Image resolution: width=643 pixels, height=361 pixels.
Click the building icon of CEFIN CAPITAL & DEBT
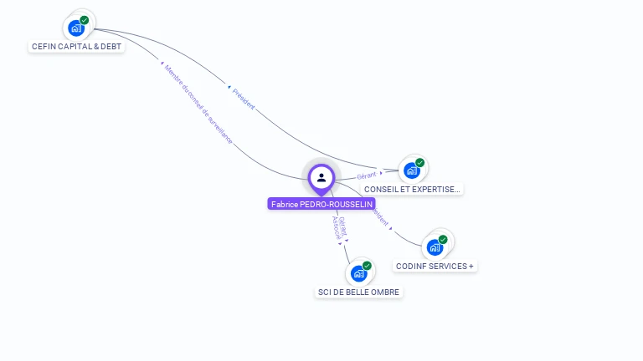pyautogui.click(x=76, y=28)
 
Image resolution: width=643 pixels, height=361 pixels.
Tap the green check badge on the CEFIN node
pyautogui.click(x=85, y=20)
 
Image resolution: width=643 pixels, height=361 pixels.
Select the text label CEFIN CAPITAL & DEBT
pyautogui.click(x=76, y=47)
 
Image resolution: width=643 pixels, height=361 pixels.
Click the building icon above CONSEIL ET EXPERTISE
pyautogui.click(x=411, y=170)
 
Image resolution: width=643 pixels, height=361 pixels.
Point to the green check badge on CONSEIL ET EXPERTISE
pyautogui.click(x=419, y=163)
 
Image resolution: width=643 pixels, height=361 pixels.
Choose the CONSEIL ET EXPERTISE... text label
pyautogui.click(x=412, y=190)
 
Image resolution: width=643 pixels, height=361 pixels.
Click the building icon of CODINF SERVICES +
pyautogui.click(x=435, y=247)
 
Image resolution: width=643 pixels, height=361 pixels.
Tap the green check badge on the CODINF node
pyautogui.click(x=443, y=240)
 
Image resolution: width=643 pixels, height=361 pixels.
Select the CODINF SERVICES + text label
pyautogui.click(x=435, y=267)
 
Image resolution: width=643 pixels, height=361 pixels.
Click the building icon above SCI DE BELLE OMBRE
pyautogui.click(x=358, y=273)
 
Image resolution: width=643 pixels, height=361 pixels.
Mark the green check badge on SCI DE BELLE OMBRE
pyautogui.click(x=367, y=266)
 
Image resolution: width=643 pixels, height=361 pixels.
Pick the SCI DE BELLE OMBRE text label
pyautogui.click(x=358, y=292)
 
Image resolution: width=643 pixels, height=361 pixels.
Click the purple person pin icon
pyautogui.click(x=321, y=177)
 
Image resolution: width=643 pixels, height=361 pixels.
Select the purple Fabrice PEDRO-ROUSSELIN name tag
pyautogui.click(x=321, y=204)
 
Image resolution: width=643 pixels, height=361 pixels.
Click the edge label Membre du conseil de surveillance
pyautogui.click(x=198, y=104)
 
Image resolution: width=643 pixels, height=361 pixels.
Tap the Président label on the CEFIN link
pyautogui.click(x=244, y=99)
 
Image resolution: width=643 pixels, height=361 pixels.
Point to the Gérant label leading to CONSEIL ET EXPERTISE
pyautogui.click(x=367, y=175)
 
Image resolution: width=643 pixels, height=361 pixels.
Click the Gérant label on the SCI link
pyautogui.click(x=343, y=226)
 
